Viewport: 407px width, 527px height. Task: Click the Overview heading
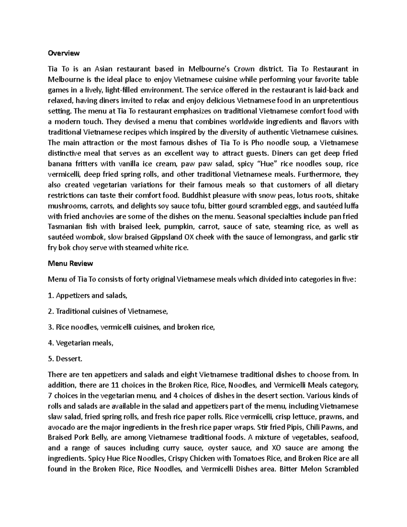64,53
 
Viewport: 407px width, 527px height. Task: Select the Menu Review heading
71,263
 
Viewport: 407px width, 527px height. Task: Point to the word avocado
61,427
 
